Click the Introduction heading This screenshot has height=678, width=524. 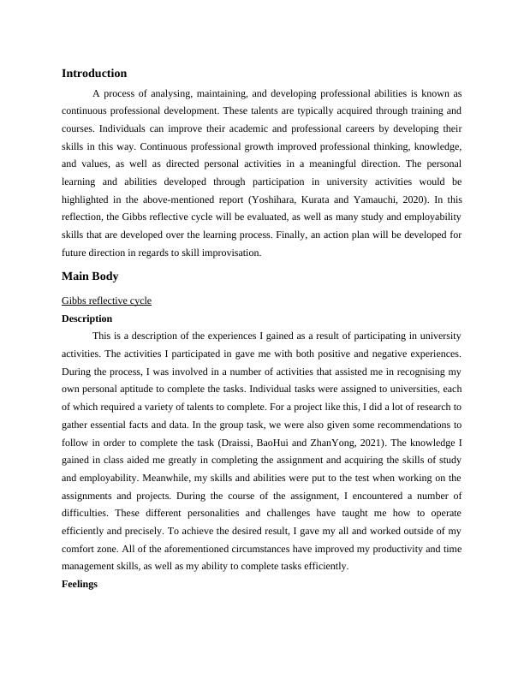[94, 74]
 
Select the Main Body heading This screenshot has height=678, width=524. [90, 277]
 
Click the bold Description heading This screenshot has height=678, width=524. [87, 318]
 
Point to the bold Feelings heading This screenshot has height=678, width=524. [80, 585]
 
